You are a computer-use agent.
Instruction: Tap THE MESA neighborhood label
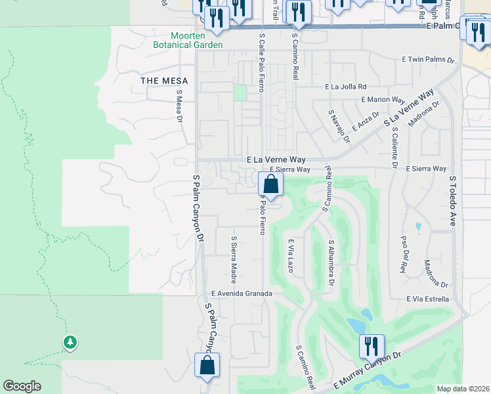[x=164, y=81]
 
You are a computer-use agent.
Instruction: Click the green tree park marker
[x=70, y=342]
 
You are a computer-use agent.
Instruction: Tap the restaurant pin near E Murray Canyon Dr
[x=372, y=347]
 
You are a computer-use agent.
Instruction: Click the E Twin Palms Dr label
[x=428, y=60]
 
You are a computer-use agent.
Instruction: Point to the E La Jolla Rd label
[x=345, y=87]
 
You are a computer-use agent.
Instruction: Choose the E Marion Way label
[x=383, y=100]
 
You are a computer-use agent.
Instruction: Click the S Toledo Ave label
[x=452, y=201]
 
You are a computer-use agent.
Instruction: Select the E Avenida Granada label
[x=241, y=294]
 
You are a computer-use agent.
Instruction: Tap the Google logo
[x=22, y=386]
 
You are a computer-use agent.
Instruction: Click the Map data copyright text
[x=463, y=388]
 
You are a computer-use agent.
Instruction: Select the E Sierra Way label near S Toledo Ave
[x=425, y=169]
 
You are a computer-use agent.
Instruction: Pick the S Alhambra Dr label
[x=331, y=263]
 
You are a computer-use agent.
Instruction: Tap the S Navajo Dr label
[x=337, y=125]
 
